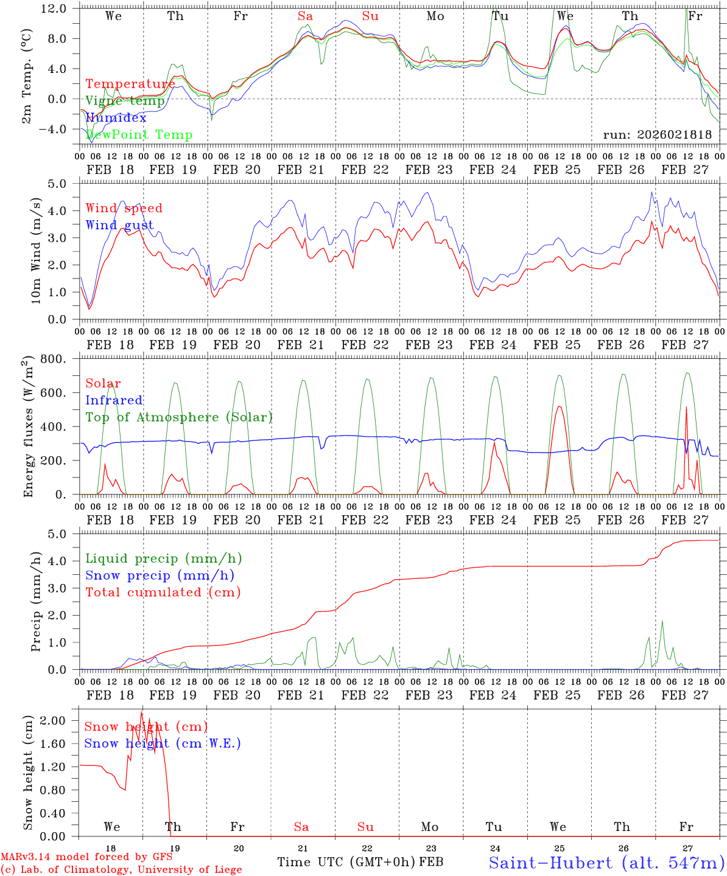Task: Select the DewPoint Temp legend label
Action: (x=139, y=135)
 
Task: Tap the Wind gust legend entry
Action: (x=119, y=225)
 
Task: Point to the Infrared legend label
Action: (x=114, y=400)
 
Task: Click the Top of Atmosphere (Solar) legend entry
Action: (x=178, y=417)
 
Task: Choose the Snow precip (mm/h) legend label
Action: (x=160, y=575)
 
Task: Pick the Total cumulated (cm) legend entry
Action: (x=163, y=593)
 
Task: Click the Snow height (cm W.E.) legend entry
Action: (x=162, y=743)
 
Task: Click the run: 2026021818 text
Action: (x=657, y=135)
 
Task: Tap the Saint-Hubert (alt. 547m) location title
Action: (x=606, y=863)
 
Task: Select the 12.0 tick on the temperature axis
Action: (x=61, y=9)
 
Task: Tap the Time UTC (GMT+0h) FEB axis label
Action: (x=360, y=862)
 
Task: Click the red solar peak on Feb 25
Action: (x=559, y=407)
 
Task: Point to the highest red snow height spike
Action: (x=142, y=712)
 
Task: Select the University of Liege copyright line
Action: (x=121, y=870)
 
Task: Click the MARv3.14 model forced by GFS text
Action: (x=86, y=857)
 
